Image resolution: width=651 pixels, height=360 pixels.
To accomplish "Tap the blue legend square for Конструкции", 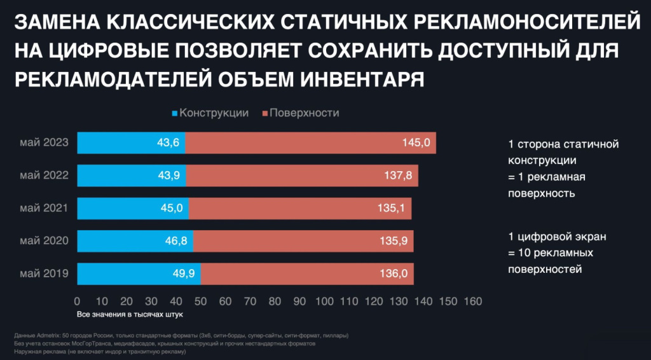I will (175, 113).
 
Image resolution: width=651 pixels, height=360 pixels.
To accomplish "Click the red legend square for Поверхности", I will (264, 113).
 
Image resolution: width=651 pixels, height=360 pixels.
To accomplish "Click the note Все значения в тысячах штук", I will (130, 314).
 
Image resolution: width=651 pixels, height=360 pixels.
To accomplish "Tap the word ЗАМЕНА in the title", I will (53, 24).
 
